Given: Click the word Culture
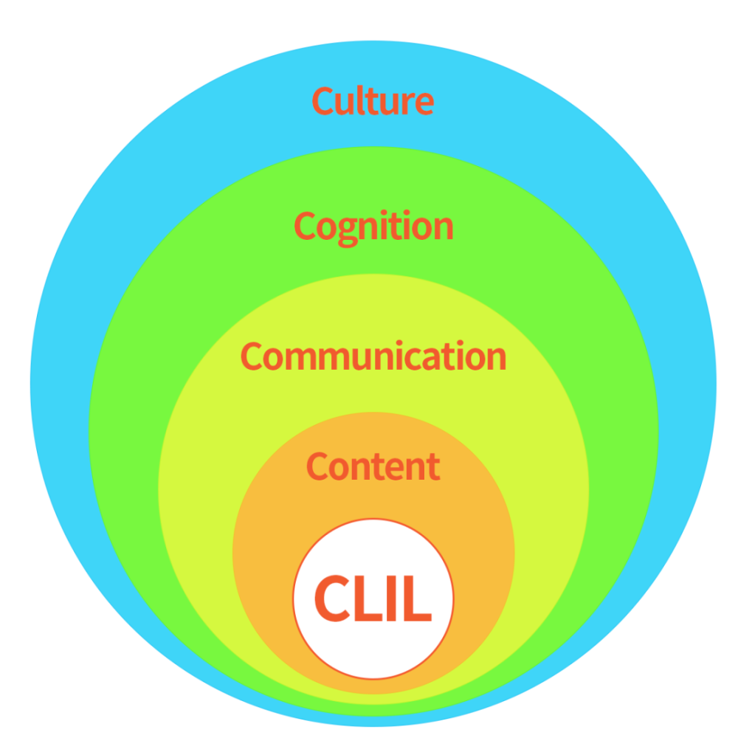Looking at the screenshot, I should click(x=373, y=101).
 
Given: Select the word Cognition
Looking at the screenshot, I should click(x=373, y=226).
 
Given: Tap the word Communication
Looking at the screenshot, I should click(x=373, y=356).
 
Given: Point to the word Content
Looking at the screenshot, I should click(x=373, y=466).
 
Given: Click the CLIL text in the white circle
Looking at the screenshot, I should click(x=373, y=599).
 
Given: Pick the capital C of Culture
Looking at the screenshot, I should click(x=322, y=101).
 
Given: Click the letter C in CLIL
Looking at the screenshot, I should click(x=331, y=599).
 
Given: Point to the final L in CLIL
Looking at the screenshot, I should click(x=417, y=599).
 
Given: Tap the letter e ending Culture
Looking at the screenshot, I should click(x=423, y=103).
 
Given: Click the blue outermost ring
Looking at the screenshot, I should click(x=59, y=384).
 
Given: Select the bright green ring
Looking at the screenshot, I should click(x=122, y=413).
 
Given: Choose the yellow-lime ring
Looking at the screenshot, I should click(x=192, y=472).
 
